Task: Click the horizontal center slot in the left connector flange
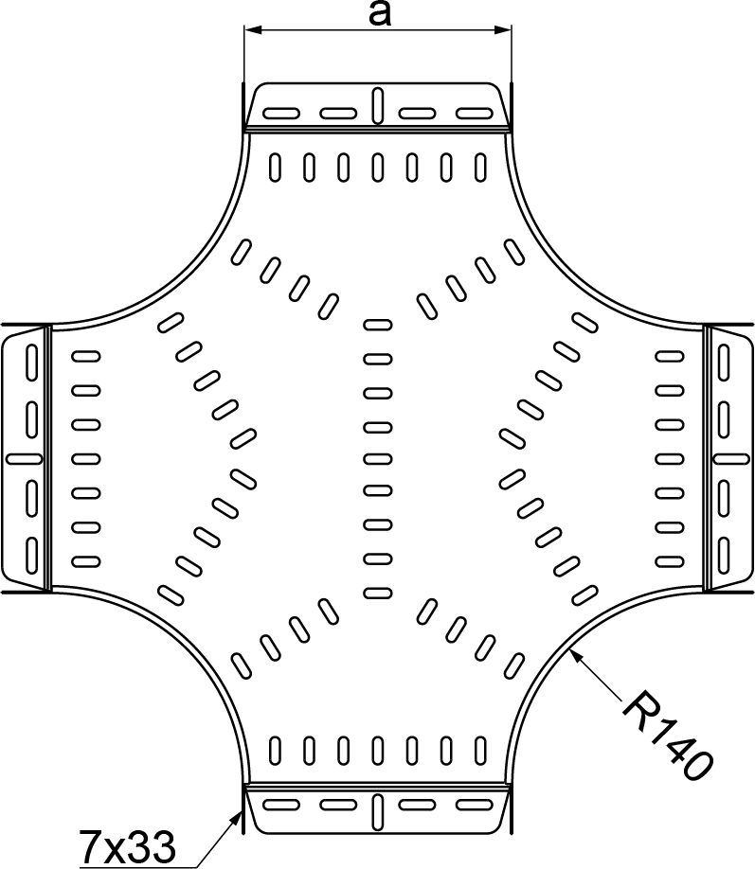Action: click(26, 459)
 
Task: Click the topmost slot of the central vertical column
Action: click(377, 325)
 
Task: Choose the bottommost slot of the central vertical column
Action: click(377, 593)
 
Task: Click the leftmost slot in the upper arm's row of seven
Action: click(275, 167)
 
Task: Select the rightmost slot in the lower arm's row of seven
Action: click(480, 751)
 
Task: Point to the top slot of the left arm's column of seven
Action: click(86, 357)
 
